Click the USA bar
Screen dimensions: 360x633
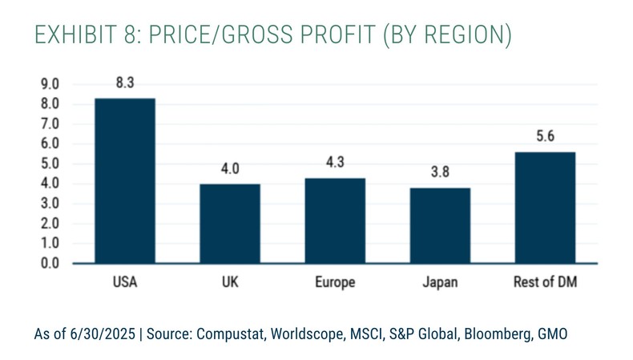pos(125,180)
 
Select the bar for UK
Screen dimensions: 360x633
pos(230,223)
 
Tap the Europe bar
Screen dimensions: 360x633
pos(335,220)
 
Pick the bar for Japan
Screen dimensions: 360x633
pos(440,225)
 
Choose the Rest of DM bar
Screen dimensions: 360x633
pos(545,207)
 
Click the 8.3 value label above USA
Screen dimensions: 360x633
pos(125,83)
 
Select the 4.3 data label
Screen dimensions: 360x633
pos(335,163)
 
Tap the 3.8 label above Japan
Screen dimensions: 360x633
pos(440,172)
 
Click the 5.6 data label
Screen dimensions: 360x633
pos(545,137)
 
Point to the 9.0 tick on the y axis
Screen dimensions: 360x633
pos(50,84)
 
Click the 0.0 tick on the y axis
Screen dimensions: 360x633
pos(50,263)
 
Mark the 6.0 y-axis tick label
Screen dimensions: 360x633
pos(50,144)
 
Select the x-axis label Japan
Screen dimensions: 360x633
pos(440,283)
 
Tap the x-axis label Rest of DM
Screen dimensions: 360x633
pos(545,283)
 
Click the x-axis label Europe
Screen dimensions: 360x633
pos(335,283)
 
